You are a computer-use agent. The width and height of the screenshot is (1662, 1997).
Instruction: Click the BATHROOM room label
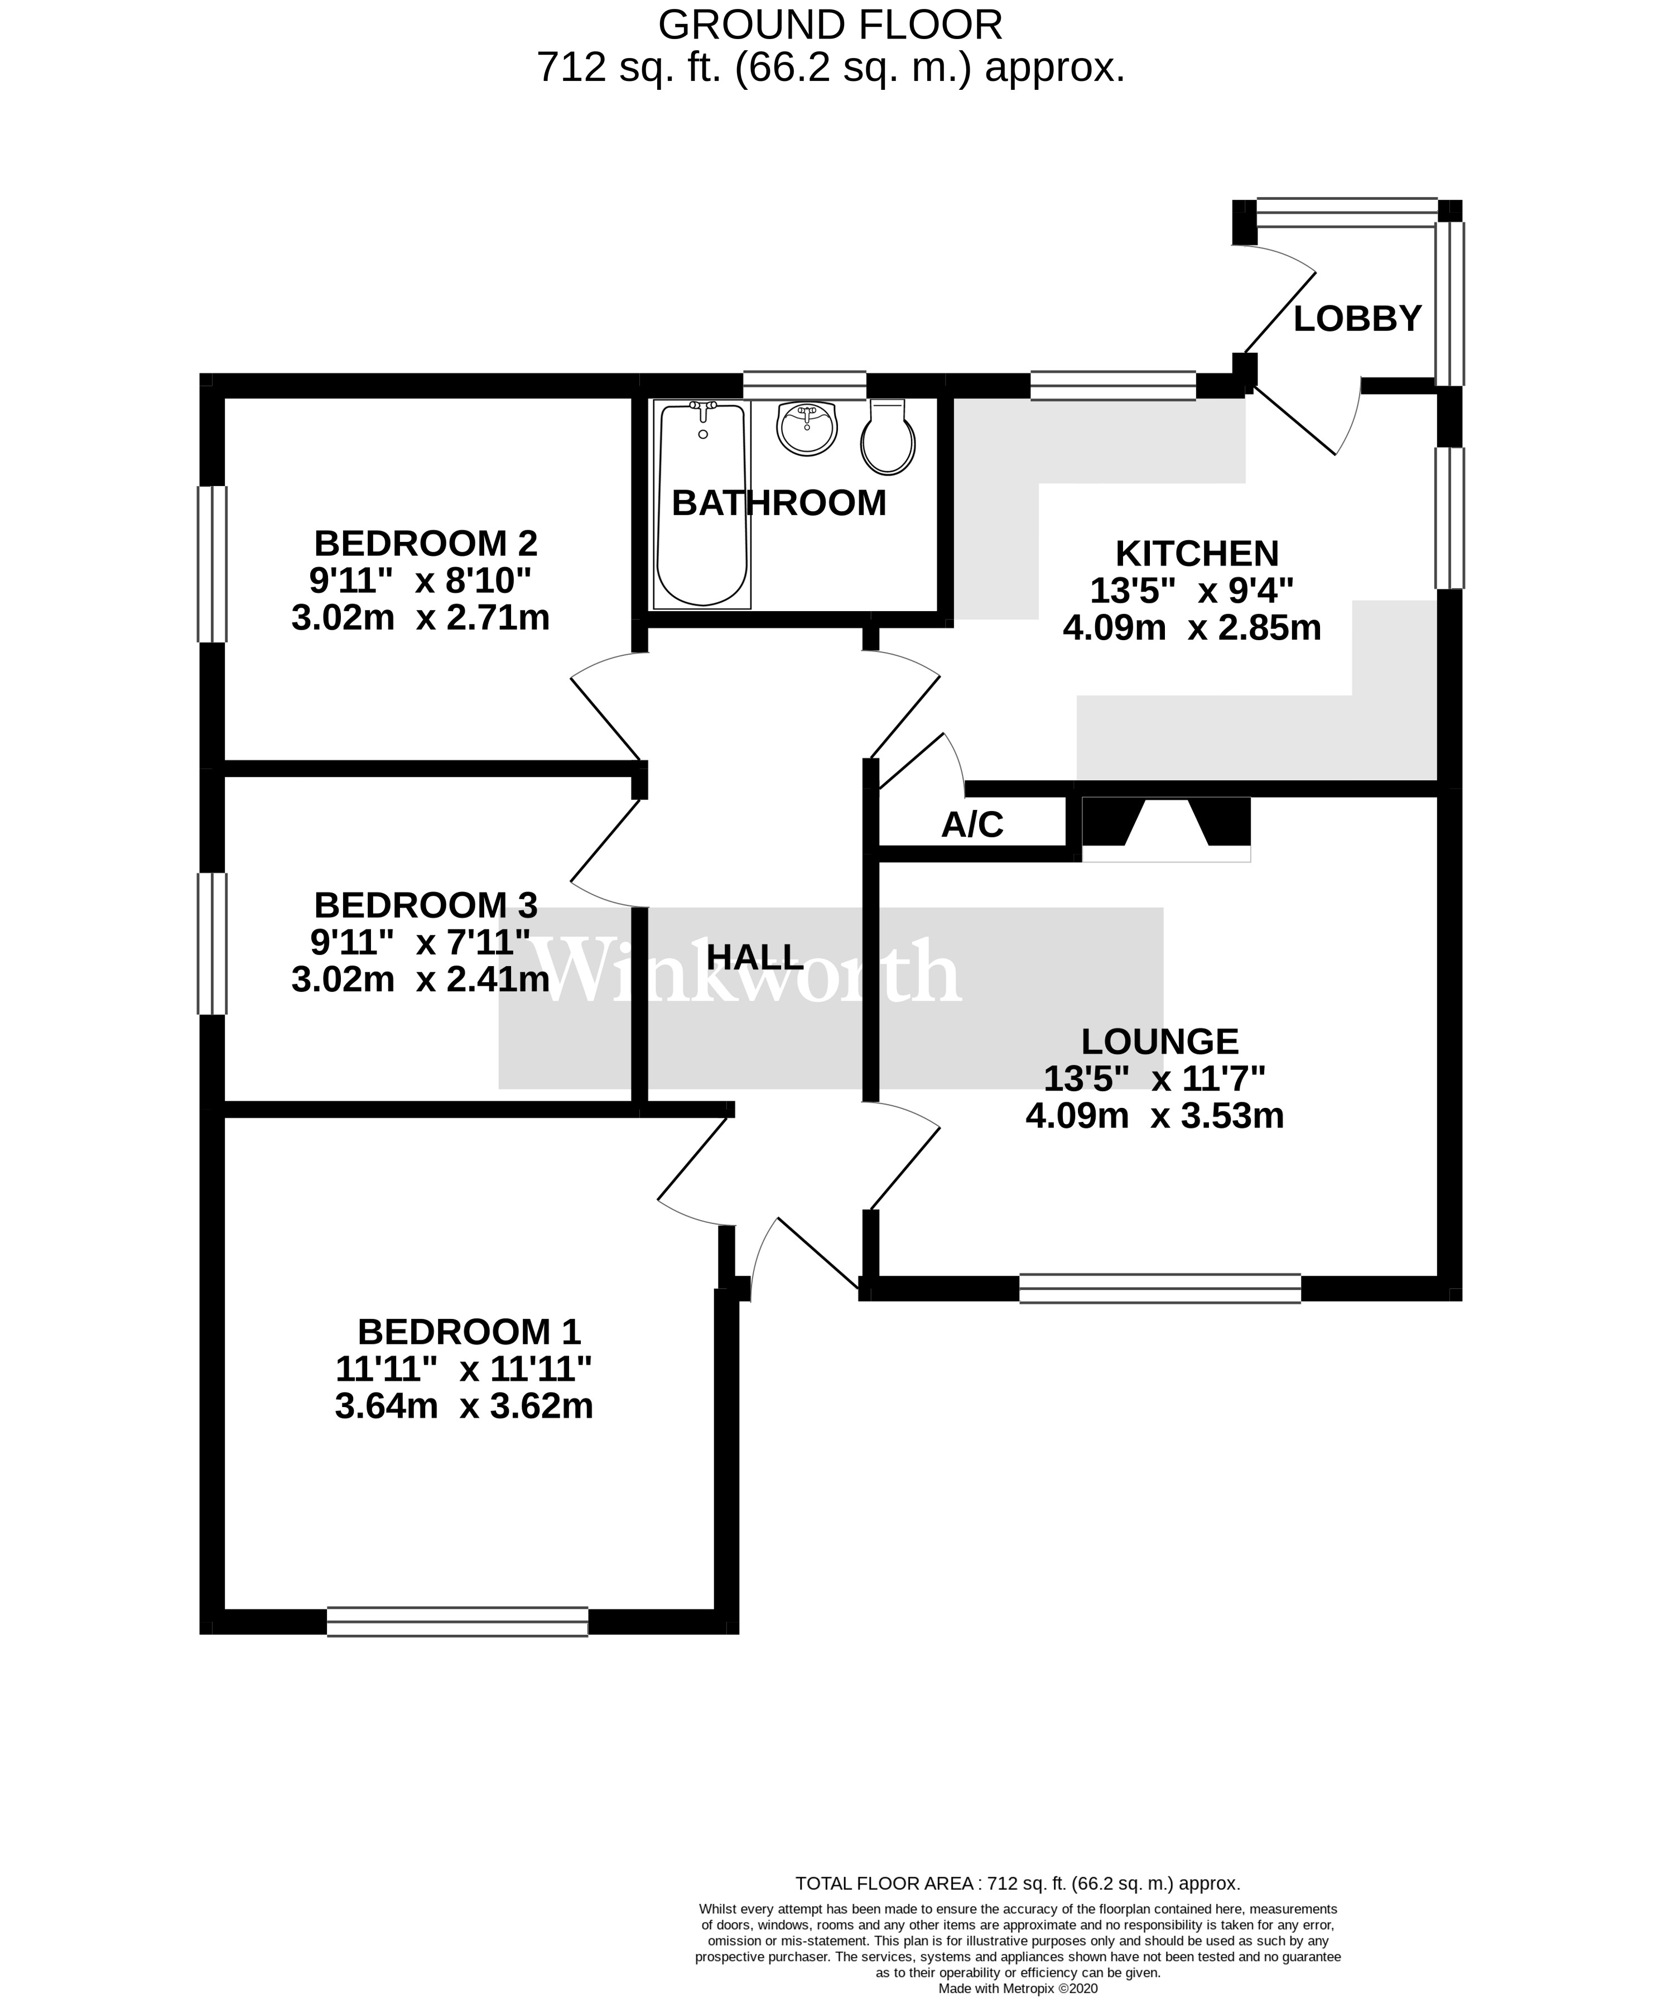(x=779, y=503)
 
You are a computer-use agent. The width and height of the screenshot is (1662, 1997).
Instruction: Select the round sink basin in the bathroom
(x=807, y=428)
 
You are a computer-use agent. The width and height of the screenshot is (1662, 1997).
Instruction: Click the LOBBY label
(x=1357, y=319)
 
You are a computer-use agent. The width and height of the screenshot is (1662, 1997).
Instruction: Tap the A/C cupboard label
(x=972, y=824)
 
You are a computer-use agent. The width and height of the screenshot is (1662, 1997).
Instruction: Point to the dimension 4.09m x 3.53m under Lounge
(x=1154, y=1116)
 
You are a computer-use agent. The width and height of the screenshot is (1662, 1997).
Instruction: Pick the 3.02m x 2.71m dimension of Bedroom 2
(x=420, y=618)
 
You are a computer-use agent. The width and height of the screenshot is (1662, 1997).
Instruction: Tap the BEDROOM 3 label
(x=425, y=904)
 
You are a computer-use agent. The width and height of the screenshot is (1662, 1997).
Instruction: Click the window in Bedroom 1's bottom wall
(x=457, y=1621)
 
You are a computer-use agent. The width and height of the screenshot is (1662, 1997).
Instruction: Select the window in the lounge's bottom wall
(x=1159, y=1289)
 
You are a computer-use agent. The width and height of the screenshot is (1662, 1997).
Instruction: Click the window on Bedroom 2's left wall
(x=212, y=564)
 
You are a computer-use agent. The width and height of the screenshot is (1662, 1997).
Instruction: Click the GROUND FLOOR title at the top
(x=830, y=25)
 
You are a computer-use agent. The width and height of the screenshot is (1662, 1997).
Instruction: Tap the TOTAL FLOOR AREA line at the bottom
(x=1018, y=1883)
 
